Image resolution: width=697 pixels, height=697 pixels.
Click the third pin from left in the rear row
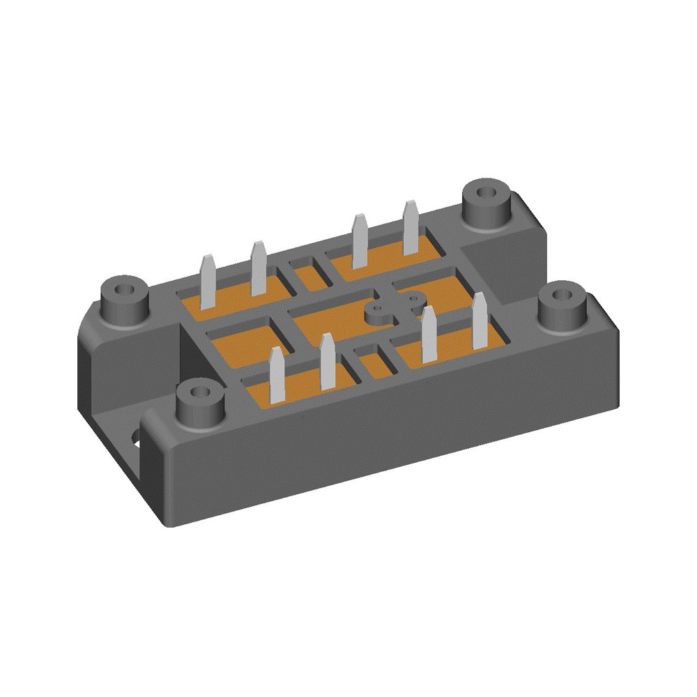click(x=360, y=240)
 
